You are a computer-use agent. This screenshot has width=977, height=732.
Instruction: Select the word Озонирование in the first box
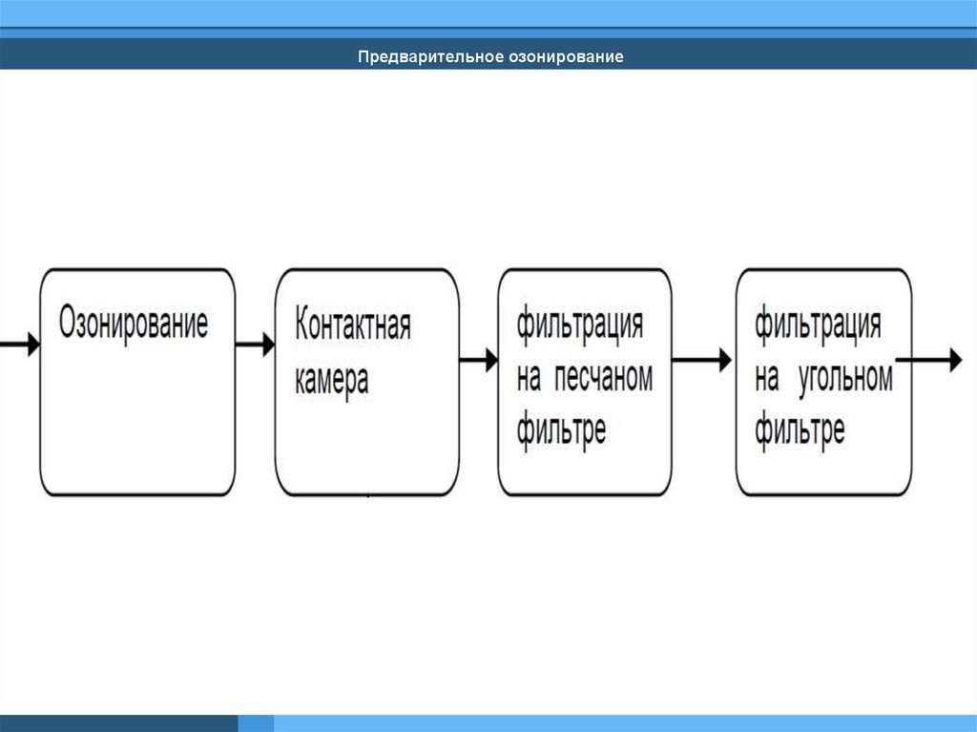coord(134,324)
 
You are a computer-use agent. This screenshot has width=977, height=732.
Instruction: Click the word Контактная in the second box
coord(353,324)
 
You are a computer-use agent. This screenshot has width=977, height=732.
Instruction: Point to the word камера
coord(331,380)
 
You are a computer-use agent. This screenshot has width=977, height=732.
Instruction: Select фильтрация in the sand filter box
coord(580,324)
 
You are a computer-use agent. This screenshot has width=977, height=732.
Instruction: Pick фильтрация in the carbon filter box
coord(818,324)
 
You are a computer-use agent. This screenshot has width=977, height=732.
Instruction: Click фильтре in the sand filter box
coord(561,430)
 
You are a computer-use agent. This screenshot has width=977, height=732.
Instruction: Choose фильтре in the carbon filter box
coord(800,430)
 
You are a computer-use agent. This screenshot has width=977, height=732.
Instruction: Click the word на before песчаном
coord(530,379)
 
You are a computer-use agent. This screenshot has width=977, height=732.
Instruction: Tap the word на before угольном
coord(767,379)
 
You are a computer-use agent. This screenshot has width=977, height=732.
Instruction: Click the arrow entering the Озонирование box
coord(21,343)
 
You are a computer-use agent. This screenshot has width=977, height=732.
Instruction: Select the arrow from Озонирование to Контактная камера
coord(255,344)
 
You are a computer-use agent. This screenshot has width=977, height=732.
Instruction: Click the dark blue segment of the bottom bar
coord(118,723)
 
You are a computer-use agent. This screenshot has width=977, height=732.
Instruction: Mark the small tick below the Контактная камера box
coord(368,496)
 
